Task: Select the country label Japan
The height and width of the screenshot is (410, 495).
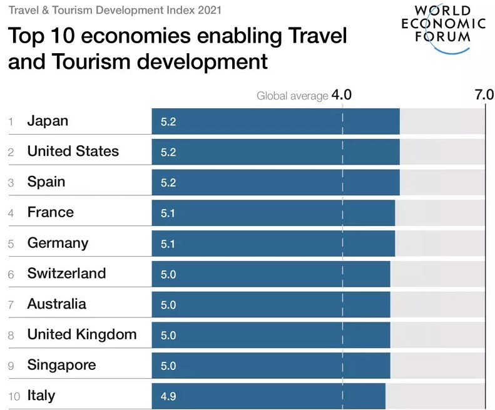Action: pos(48,121)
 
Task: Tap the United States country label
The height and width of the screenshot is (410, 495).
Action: pos(73,151)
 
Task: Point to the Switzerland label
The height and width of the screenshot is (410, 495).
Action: pos(66,273)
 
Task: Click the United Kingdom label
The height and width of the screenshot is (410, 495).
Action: pos(81,334)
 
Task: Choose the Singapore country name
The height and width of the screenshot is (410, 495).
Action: pos(61,365)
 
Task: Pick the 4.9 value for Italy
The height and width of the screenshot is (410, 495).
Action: pos(168,396)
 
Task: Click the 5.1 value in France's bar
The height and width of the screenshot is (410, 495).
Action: pos(168,213)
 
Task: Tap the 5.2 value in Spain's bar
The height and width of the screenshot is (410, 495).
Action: pos(168,183)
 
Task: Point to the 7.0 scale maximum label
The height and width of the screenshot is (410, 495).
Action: pos(484,95)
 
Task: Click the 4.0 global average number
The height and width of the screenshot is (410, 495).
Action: pos(342,95)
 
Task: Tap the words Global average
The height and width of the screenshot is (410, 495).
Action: pos(292,96)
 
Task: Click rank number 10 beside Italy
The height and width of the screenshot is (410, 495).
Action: pos(13,396)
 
